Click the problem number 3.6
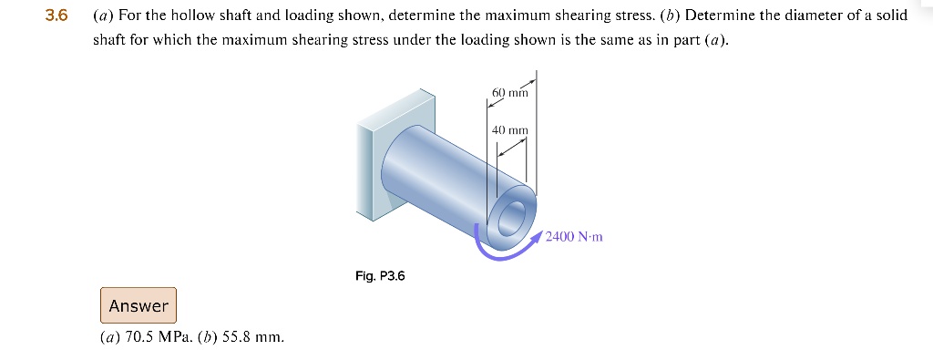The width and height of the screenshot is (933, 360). point(56,16)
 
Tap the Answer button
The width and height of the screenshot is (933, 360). point(138,305)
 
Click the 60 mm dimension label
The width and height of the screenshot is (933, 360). point(510,94)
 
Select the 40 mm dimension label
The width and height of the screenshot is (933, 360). point(510,130)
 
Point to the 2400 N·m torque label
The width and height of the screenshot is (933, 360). point(574,237)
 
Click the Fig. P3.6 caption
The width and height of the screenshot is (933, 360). point(380,275)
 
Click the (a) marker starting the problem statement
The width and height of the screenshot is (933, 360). point(102,16)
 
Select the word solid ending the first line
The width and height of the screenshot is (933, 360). point(890,16)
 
